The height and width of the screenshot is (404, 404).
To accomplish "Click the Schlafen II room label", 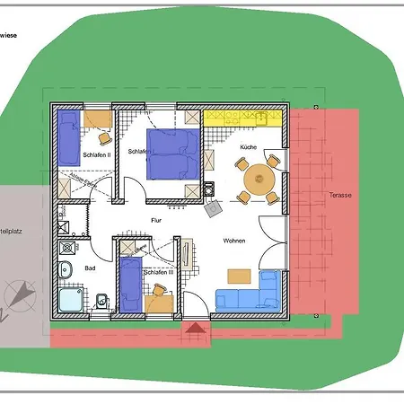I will coord(96,154).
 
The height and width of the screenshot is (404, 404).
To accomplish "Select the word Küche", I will coord(249,146).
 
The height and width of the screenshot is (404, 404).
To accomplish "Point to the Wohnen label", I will coord(235,242).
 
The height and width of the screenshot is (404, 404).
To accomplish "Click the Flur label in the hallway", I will coord(143,219).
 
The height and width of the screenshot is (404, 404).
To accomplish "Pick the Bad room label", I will coord(90,268).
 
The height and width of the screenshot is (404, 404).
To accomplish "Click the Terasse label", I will coord(340,195).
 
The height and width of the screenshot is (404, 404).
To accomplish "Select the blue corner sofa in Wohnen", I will coord(251,297).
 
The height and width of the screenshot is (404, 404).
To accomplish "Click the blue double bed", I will coord(171,153).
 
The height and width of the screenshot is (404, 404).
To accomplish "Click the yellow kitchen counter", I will coord(243,115).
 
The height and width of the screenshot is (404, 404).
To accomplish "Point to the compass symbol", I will coord(20,295).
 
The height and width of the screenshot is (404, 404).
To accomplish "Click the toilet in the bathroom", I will coord(101,301).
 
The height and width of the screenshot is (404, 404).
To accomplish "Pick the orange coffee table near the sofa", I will coord(239,276).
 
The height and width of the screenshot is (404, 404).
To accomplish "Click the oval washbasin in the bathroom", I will coord(66,270).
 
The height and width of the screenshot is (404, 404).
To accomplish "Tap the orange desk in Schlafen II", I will coord(99,119).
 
